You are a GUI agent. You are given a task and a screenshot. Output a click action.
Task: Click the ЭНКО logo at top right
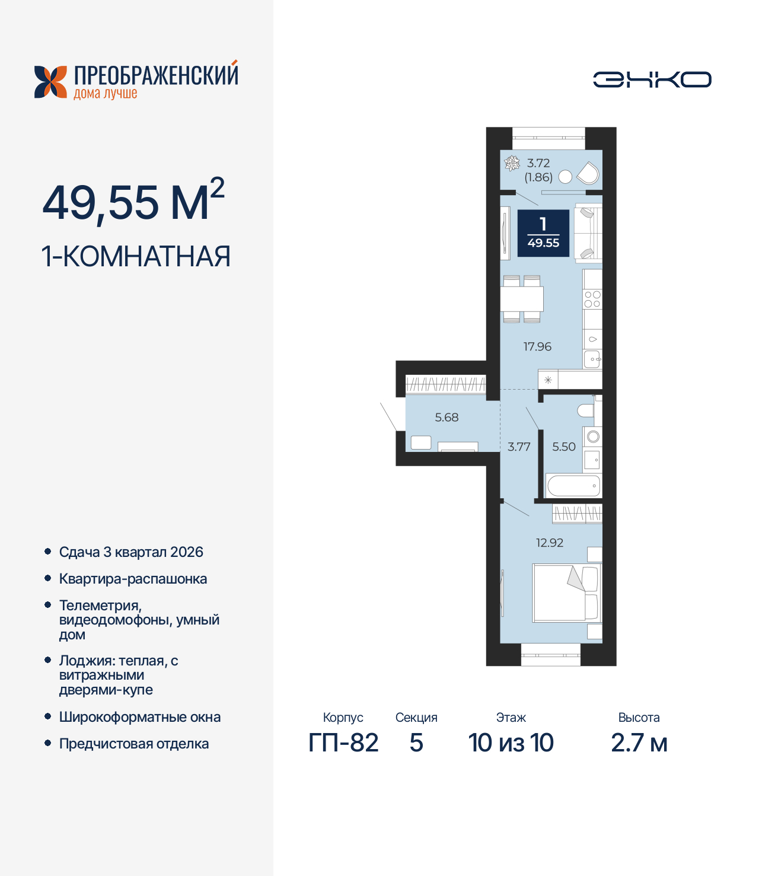(x=652, y=79)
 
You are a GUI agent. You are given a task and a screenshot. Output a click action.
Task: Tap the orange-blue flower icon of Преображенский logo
(x=50, y=82)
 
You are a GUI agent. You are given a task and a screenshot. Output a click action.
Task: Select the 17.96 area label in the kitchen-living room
(x=537, y=346)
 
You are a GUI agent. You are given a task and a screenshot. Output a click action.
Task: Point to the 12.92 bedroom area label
(x=550, y=543)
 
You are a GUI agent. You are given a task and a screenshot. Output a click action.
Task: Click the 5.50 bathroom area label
(x=564, y=447)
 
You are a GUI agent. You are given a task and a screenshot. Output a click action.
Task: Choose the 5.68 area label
(x=447, y=418)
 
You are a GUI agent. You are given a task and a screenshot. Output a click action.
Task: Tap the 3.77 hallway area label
(x=519, y=447)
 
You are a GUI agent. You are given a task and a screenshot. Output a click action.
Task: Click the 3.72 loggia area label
(x=538, y=163)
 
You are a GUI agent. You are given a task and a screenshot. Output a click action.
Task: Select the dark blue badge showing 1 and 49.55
(x=543, y=234)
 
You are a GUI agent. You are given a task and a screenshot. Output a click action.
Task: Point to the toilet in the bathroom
(x=585, y=410)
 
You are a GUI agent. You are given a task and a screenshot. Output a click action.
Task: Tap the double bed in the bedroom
(x=566, y=593)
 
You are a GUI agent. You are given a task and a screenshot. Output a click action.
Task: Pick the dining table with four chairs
(x=522, y=299)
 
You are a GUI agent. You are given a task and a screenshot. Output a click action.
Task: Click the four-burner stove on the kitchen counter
(x=592, y=299)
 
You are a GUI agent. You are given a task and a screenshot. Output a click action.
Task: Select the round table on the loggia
(x=566, y=176)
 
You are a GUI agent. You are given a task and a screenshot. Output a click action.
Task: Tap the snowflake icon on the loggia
(x=512, y=163)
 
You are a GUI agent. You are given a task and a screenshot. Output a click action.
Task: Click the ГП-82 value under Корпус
(x=343, y=743)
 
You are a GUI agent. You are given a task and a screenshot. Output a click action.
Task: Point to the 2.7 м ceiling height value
(x=639, y=743)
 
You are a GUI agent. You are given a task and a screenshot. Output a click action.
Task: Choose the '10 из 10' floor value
(x=511, y=743)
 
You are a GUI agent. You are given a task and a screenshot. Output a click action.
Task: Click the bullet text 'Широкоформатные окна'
(x=140, y=717)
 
